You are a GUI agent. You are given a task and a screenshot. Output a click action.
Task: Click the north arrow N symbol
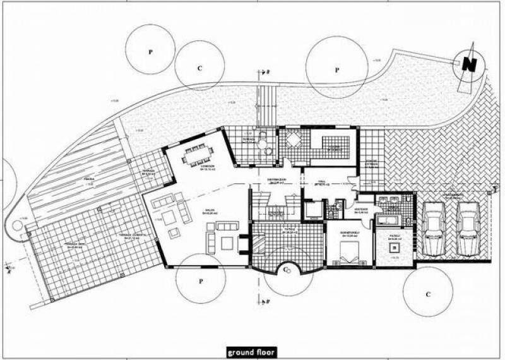[468, 64]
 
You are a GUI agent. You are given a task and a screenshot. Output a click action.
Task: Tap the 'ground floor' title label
[251, 352]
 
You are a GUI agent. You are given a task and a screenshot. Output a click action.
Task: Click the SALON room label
[208, 212]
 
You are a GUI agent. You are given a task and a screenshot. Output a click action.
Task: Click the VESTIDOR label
[361, 210]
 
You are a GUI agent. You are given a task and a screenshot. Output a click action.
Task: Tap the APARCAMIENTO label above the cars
[452, 196]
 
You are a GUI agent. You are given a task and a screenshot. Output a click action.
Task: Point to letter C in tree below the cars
[428, 294]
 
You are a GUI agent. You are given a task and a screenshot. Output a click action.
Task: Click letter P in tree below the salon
[200, 280]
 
